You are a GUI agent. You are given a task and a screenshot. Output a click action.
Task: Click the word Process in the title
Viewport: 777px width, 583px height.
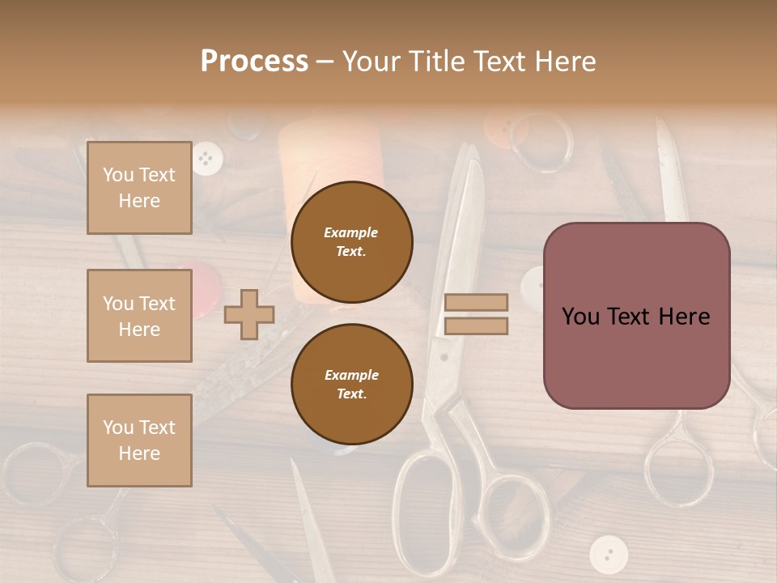(x=254, y=62)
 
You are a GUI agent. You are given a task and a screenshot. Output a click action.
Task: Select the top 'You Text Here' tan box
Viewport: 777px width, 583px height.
(x=139, y=188)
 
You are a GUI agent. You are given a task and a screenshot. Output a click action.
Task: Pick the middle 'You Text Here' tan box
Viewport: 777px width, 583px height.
(x=139, y=316)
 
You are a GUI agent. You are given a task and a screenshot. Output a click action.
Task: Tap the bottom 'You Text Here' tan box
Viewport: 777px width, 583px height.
(x=139, y=440)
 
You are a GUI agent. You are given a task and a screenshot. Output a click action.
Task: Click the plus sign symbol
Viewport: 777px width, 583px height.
(x=249, y=314)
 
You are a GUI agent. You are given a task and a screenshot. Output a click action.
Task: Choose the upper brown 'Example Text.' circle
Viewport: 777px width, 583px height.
(x=351, y=241)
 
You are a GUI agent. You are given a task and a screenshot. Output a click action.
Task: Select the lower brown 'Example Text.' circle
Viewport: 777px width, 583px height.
(x=351, y=384)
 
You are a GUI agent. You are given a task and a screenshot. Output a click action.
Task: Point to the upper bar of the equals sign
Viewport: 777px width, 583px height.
(x=476, y=302)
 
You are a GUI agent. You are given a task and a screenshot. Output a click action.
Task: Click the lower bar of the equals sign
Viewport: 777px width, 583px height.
(x=476, y=326)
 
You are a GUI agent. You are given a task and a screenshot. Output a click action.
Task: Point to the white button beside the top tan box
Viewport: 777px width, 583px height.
(x=208, y=158)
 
